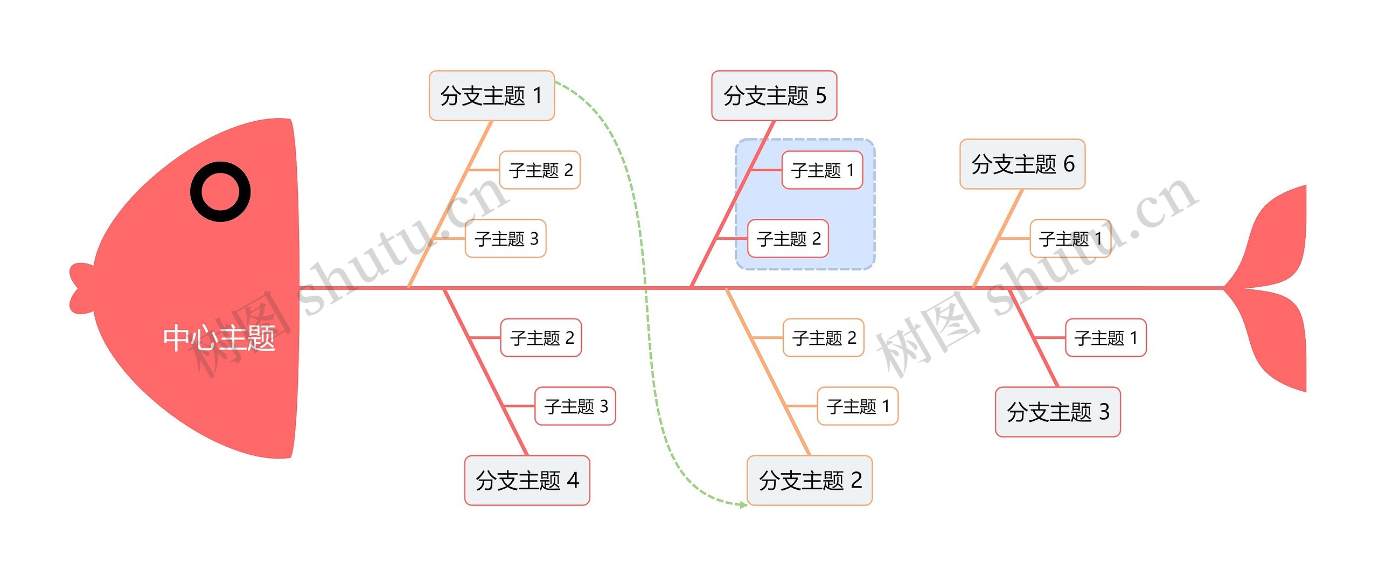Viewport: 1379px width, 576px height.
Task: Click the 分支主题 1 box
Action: [491, 95]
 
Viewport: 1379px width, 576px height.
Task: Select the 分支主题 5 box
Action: [774, 95]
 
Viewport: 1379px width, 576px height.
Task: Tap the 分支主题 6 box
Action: [1022, 164]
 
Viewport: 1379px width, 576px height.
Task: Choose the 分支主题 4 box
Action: [527, 480]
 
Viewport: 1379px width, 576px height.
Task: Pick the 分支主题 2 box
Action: [810, 480]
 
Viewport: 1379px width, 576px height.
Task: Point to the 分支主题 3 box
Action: [1058, 412]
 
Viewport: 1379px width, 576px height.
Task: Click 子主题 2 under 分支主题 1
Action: [540, 170]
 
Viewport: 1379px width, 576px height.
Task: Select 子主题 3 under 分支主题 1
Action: [506, 238]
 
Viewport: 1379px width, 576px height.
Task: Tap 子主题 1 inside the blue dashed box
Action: [823, 170]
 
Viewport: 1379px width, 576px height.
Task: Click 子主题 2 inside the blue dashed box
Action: [788, 238]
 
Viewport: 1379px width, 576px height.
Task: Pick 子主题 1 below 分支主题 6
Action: [1070, 238]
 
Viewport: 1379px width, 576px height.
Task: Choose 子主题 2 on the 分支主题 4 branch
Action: [541, 338]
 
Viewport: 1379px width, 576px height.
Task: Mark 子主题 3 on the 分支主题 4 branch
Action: [575, 406]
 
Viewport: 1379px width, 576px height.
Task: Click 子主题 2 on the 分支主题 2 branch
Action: [824, 338]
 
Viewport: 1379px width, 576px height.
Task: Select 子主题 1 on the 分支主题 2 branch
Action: [858, 406]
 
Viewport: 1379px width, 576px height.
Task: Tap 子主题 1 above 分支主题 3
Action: [1106, 338]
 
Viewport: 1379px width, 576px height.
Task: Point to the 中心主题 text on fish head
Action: [219, 338]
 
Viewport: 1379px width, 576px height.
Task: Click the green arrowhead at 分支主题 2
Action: [743, 505]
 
